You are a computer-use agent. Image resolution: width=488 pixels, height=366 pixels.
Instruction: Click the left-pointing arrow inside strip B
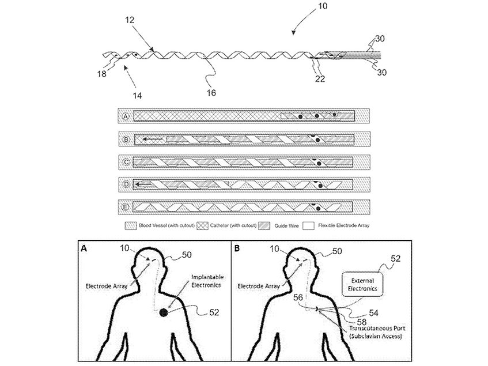pos(152,139)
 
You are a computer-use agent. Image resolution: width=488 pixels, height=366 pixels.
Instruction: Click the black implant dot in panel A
pos(164,313)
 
